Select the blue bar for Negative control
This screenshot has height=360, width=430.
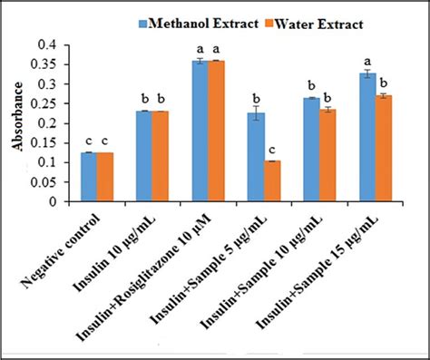pyautogui.click(x=89, y=177)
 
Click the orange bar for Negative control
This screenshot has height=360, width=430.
pyautogui.click(x=104, y=177)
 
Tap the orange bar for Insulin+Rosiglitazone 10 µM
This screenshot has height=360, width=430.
pyautogui.click(x=217, y=131)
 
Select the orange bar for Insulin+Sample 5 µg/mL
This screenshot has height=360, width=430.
pyautogui.click(x=272, y=180)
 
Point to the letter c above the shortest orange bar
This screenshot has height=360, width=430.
pyautogui.click(x=273, y=149)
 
